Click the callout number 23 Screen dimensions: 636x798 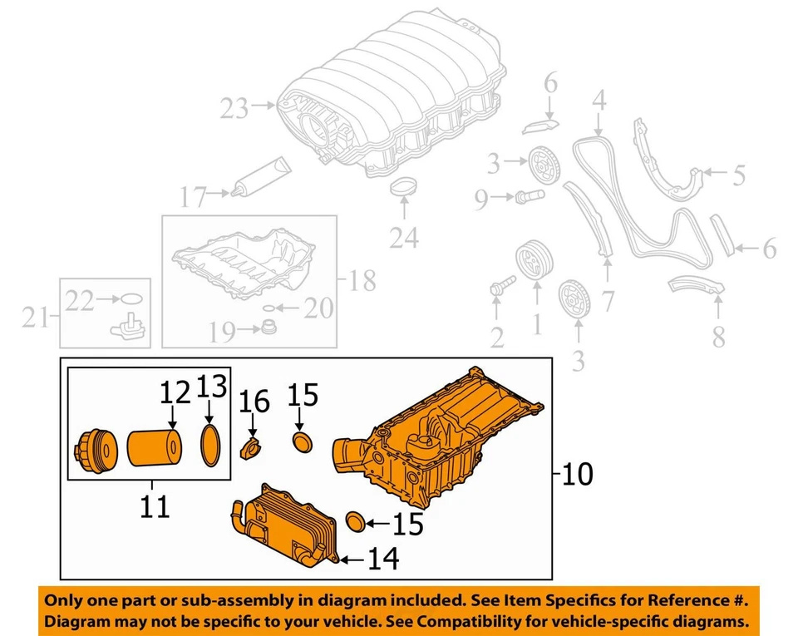[235, 107]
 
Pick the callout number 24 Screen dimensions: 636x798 [405, 238]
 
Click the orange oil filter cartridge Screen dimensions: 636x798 [155, 449]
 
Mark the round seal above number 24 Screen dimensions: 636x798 [403, 188]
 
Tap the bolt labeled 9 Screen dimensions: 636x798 [529, 197]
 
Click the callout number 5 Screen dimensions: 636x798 [738, 175]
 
